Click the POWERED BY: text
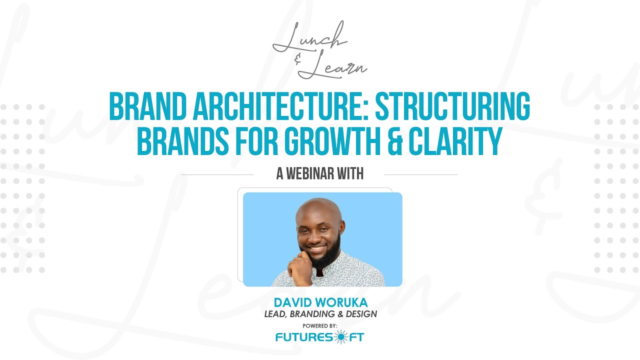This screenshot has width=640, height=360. [x=320, y=325]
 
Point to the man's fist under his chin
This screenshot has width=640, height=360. [x=301, y=267]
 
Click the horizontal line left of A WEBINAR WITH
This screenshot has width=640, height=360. [x=217, y=174]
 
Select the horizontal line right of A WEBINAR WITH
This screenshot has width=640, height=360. [x=420, y=174]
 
